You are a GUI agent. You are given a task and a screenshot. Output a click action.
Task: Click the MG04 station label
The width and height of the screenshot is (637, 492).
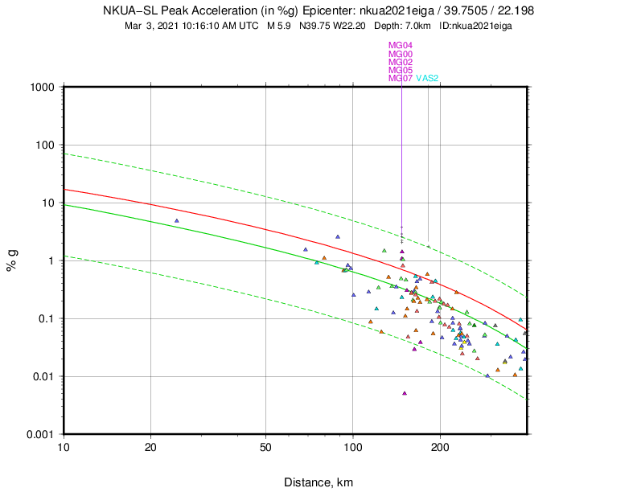[x=401, y=46]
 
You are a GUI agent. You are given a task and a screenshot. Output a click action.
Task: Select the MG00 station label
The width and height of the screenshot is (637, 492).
[x=401, y=54]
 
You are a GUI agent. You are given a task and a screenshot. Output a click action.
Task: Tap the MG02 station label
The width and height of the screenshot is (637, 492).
[x=401, y=62]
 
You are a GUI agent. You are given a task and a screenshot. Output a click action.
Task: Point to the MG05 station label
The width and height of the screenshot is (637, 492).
[x=401, y=70]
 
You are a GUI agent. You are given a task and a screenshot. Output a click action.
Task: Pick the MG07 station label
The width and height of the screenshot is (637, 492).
[x=401, y=78]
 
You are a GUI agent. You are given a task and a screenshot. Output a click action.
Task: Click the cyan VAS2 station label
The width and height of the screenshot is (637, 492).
[x=427, y=78]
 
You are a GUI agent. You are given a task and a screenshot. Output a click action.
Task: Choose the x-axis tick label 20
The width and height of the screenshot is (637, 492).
[x=151, y=446]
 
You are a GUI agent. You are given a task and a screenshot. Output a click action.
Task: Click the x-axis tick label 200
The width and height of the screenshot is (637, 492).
[x=440, y=446]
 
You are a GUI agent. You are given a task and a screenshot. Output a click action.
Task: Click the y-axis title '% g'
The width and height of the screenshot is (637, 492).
[x=13, y=261]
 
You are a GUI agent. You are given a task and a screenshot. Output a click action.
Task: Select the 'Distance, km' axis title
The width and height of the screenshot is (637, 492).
[x=318, y=482]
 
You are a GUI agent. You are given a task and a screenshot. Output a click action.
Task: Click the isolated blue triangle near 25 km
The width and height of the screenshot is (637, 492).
[x=176, y=220]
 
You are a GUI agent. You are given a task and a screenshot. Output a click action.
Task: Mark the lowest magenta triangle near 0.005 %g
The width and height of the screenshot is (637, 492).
[x=404, y=393]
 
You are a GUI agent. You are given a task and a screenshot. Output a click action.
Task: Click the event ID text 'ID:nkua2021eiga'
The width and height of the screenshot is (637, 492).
[x=476, y=26]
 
